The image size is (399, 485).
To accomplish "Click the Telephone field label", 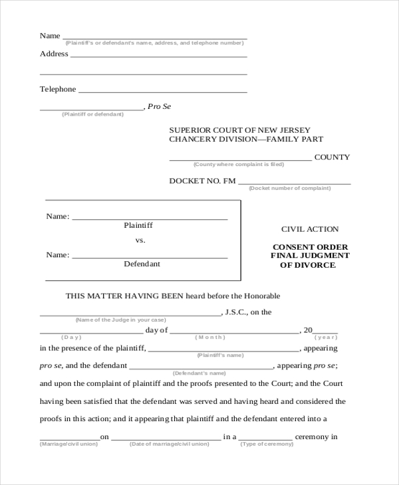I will pos(58,89).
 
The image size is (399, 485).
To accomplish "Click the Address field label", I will pos(54,54).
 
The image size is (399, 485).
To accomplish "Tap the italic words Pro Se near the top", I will pos(159,106).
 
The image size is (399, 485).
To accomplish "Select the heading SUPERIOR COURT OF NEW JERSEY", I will pos(239,130).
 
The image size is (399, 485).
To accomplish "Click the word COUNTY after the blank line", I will pos(332,157).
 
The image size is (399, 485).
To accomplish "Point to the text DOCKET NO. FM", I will pos(202,181).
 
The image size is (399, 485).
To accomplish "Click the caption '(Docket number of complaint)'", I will pos(289,188).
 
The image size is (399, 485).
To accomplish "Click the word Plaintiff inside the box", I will pos(138,225).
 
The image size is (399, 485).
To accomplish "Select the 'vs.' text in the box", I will pos(140,240).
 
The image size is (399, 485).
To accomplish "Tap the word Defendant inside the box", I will pos(142,264).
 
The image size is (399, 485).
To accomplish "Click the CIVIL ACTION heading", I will pos(310,229).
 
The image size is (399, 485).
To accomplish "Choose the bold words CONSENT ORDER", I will pos(310,247).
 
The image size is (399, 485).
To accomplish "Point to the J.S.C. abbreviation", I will pos(237,312).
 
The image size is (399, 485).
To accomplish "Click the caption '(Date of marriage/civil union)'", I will pos(167,443).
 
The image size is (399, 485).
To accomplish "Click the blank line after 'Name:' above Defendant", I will pos(149,256).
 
